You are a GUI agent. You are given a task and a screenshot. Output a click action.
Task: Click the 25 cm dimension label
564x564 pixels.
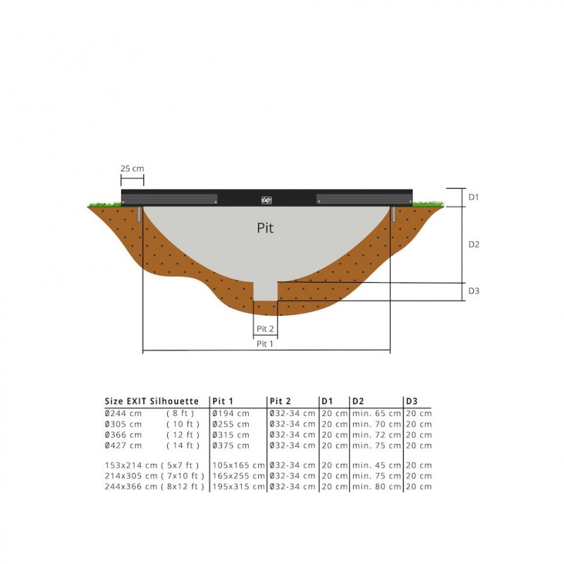[132, 168]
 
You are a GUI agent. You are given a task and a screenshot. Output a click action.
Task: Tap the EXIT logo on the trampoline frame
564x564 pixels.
[266, 200]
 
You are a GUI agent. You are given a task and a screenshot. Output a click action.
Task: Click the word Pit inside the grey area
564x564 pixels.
[265, 228]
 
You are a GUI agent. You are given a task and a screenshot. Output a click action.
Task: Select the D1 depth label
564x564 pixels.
[474, 197]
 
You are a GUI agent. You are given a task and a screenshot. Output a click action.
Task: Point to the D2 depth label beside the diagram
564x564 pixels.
[474, 244]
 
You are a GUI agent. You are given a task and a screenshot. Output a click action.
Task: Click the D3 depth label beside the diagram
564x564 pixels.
[474, 290]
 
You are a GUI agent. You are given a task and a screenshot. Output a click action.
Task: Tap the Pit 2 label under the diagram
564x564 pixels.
[265, 329]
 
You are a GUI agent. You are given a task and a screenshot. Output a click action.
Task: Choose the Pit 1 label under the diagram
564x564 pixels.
[265, 344]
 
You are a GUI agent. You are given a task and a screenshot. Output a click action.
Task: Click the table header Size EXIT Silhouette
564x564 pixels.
[152, 401]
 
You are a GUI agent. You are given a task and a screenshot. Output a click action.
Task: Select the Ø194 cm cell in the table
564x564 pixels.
[231, 413]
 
